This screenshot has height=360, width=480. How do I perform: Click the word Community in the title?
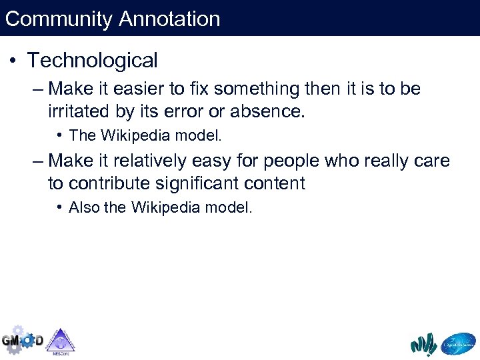tap(59, 19)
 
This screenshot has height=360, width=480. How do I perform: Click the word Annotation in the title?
tap(169, 19)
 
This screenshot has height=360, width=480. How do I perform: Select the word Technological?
tap(92, 61)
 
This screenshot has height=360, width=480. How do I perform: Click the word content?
tap(275, 183)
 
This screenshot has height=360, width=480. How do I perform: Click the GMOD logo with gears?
tap(21, 340)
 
